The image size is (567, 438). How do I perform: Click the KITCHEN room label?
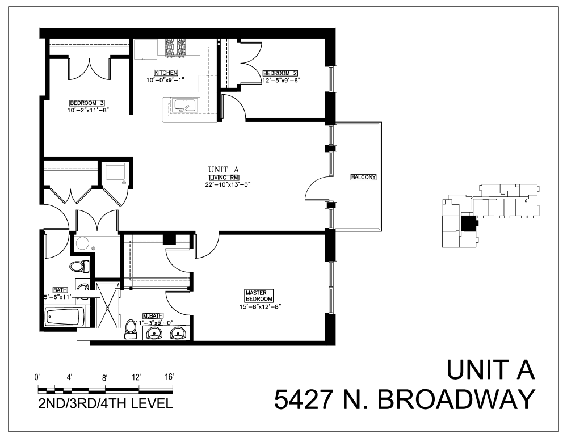click(166, 73)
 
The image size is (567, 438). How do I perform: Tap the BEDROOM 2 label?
click(280, 73)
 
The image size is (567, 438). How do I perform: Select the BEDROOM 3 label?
click(87, 103)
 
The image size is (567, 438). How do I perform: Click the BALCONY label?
click(364, 177)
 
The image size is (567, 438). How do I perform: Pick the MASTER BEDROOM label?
click(259, 296)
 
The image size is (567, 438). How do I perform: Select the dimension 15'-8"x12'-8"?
click(261, 307)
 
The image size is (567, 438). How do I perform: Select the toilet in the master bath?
click(131, 329)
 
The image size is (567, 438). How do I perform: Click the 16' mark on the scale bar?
click(169, 377)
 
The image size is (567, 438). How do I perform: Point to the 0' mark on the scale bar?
click(39, 377)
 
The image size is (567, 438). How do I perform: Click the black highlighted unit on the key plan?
click(469, 225)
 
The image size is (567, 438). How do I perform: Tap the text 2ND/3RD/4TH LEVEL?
click(102, 405)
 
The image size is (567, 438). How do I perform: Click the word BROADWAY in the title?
click(456, 399)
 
